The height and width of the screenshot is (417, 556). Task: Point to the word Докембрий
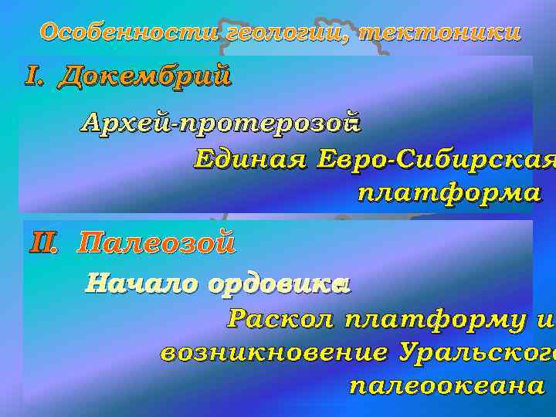point(144,76)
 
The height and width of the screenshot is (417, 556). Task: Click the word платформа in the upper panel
point(449,192)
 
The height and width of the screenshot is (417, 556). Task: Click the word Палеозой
point(157,244)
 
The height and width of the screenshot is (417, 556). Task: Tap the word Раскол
point(281,319)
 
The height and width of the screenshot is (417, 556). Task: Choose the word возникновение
point(273,353)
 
